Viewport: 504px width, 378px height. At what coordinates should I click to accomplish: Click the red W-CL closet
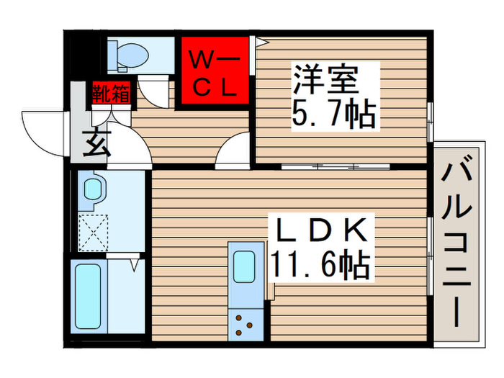click(x=214, y=71)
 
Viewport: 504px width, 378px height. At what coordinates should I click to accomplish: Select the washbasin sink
click(x=94, y=190)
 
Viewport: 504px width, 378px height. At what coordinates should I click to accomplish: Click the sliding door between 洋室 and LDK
click(x=336, y=166)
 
